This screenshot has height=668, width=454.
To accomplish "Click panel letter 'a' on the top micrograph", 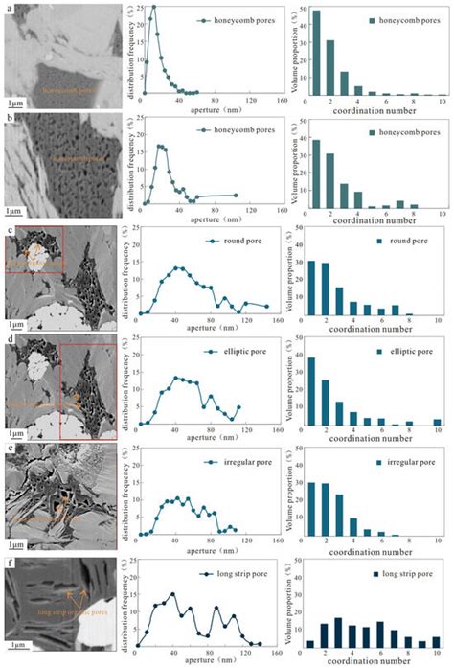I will (9, 9).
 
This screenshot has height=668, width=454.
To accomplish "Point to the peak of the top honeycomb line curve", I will (153, 8).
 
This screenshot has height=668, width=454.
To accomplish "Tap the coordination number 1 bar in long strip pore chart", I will (317, 643).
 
